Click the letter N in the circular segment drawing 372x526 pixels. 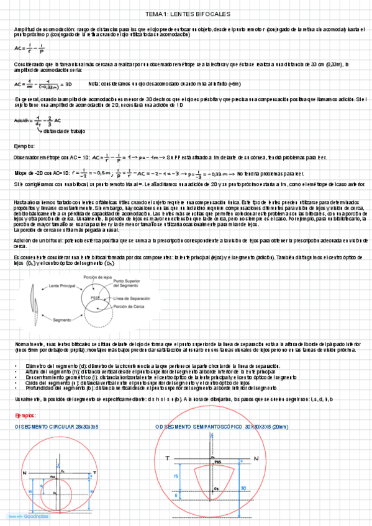[24, 473]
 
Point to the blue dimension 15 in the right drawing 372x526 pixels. [176, 475]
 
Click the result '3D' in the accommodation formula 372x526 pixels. [68, 84]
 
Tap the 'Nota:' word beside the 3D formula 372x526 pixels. [95, 84]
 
